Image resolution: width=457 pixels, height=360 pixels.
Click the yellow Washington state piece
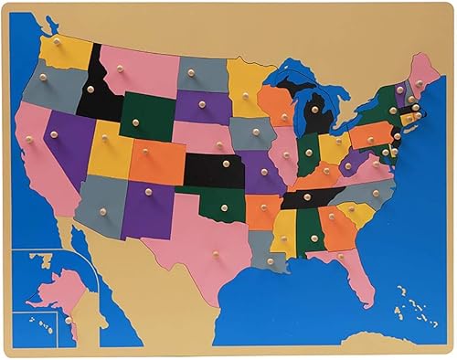click(x=66, y=53)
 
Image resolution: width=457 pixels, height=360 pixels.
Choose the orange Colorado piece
click(x=157, y=162)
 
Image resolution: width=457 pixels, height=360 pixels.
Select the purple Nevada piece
click(x=69, y=142)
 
